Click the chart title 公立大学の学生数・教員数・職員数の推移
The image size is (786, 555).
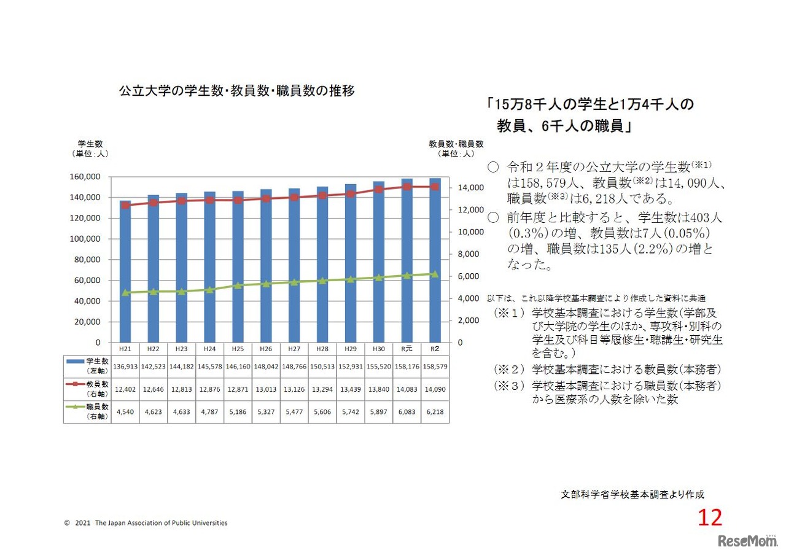pyautogui.click(x=236, y=91)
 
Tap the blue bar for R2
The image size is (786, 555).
pyautogui.click(x=435, y=260)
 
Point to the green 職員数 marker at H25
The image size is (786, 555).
pyautogui.click(x=238, y=285)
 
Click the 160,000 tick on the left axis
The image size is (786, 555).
pyautogui.click(x=85, y=177)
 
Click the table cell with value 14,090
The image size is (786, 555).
pyautogui.click(x=435, y=389)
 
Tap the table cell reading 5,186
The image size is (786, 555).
pyautogui.click(x=238, y=412)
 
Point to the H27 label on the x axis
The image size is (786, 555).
pyautogui.click(x=294, y=349)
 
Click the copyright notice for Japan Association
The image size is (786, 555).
pyautogui.click(x=146, y=523)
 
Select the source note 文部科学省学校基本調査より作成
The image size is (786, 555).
pyautogui.click(x=632, y=494)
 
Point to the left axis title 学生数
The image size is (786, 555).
pyautogui.click(x=89, y=144)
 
